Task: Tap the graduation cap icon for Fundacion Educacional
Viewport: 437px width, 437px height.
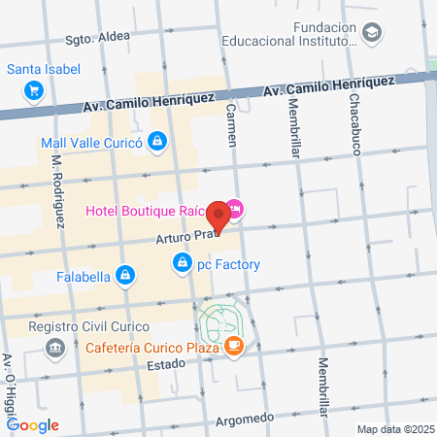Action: tap(372, 34)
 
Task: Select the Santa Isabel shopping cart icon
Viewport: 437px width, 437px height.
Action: tap(35, 90)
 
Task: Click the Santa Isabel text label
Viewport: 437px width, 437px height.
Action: tap(43, 69)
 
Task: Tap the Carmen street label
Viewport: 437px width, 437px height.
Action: tap(231, 124)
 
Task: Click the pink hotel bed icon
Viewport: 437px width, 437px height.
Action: tap(236, 209)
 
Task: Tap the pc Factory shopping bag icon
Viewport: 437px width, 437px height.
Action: tap(182, 262)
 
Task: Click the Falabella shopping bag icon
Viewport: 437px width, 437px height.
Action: tap(124, 276)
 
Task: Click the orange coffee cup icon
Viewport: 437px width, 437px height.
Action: tap(234, 347)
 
